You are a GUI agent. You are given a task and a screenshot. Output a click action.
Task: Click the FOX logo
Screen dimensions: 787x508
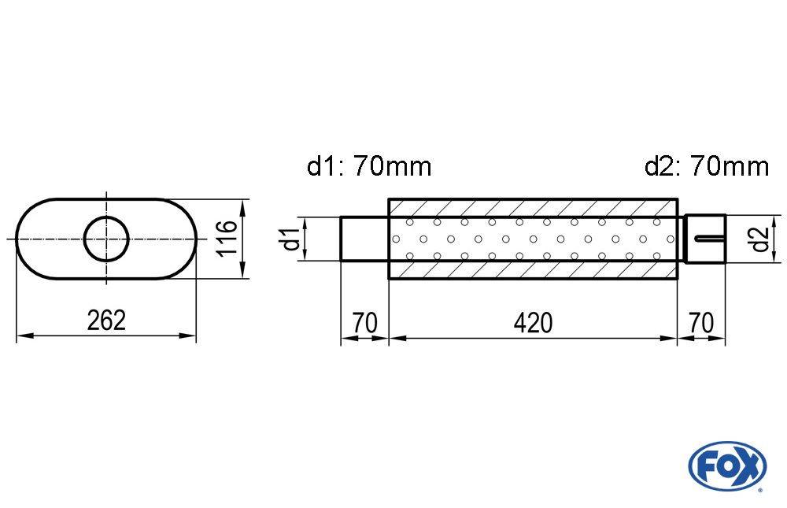coord(727,465)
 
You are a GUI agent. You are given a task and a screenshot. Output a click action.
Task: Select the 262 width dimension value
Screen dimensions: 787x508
coord(106,321)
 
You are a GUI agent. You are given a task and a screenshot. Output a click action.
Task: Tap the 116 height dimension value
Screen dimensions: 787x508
coord(227,237)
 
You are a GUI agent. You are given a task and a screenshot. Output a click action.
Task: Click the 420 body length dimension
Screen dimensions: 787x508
coord(533,323)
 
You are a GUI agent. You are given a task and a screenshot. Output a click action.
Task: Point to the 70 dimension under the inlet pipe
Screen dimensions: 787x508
coord(364,323)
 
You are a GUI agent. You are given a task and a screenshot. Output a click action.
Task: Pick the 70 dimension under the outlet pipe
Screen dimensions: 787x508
coord(701,323)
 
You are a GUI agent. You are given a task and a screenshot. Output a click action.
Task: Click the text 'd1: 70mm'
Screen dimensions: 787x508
coord(369,166)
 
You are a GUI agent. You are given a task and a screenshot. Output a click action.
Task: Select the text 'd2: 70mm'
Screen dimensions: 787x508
coord(706,166)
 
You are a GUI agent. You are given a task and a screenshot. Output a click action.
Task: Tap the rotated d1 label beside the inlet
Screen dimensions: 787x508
coord(291,239)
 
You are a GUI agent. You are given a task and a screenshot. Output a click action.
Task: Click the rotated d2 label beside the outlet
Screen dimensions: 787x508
coord(761,239)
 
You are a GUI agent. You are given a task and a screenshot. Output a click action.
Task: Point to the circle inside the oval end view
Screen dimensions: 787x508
coord(106,239)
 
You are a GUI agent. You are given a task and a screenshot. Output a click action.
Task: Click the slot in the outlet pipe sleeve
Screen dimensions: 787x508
coord(710,238)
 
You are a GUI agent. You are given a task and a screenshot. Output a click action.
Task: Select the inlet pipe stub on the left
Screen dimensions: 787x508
coord(364,239)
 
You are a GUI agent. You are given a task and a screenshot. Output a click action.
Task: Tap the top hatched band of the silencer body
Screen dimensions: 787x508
coord(533,208)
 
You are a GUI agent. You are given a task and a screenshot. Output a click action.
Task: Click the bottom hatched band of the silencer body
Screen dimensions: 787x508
coord(533,270)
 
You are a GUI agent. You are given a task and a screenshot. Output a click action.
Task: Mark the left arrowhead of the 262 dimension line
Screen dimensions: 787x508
coord(24,336)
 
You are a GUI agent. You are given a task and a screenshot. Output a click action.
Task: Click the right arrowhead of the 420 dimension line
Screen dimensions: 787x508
coord(669,338)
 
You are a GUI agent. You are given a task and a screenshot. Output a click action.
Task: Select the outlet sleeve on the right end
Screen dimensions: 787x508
coord(705,239)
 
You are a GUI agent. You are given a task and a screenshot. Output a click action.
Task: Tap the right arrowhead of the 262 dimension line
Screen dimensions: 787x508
coord(188,336)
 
